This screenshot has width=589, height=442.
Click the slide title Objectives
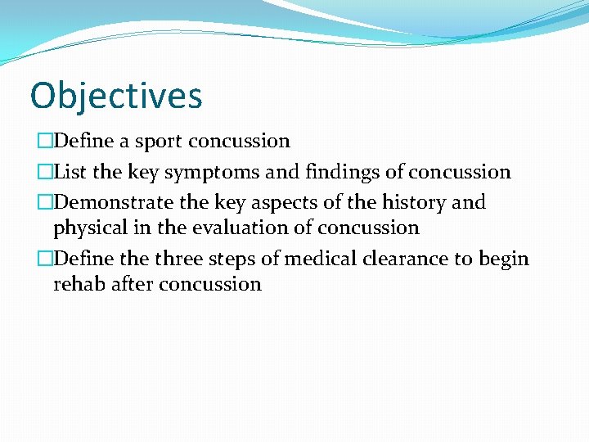[x=116, y=97]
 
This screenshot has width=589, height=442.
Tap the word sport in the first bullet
[x=159, y=142]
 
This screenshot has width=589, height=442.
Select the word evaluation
[x=243, y=227]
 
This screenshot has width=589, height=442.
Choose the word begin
[x=503, y=259]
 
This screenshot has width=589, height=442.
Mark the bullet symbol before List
[x=44, y=172]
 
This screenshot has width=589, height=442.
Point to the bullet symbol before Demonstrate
[x=44, y=202]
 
